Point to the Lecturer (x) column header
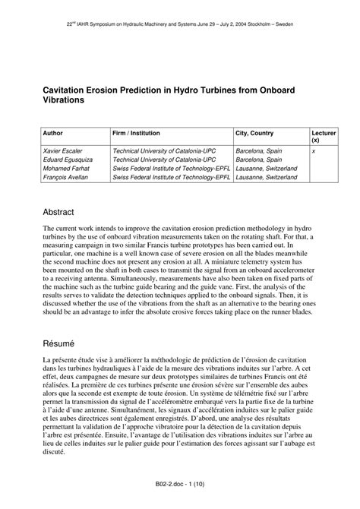coord(324,136)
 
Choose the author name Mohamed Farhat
coord(67,169)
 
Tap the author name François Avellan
coord(67,178)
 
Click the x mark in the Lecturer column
coord(314,151)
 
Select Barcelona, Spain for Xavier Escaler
coord(259,151)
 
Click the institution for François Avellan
coord(171,178)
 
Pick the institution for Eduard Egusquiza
coord(163,160)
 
